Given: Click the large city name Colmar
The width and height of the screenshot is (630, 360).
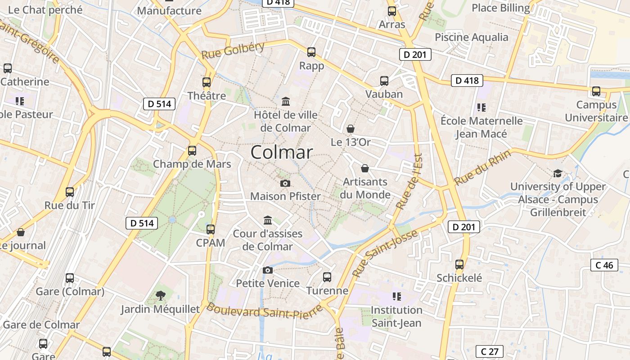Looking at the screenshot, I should pyautogui.click(x=281, y=152).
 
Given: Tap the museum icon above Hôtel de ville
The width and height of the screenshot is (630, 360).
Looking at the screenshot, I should pyautogui.click(x=286, y=101).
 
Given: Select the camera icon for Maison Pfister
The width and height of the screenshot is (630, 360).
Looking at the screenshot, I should pyautogui.click(x=285, y=183).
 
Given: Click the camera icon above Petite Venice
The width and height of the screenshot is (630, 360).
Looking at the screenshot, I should pyautogui.click(x=268, y=270).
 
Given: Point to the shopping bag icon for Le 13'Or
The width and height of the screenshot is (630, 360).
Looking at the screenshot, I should pyautogui.click(x=351, y=129).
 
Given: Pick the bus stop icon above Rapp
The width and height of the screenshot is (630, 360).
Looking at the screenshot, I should pyautogui.click(x=311, y=52).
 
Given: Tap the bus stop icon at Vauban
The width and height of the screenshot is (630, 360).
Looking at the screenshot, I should pyautogui.click(x=384, y=81).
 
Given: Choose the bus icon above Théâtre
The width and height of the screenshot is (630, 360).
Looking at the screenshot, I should pyautogui.click(x=207, y=82).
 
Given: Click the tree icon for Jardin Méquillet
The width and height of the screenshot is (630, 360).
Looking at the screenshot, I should pyautogui.click(x=160, y=296).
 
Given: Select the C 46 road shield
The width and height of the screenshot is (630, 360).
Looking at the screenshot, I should pyautogui.click(x=604, y=265).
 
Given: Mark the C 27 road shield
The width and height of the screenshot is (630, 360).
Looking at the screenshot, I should pyautogui.click(x=489, y=351).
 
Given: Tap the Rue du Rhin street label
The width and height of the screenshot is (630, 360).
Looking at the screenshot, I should pyautogui.click(x=482, y=167).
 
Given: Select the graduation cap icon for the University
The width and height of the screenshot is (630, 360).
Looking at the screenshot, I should pyautogui.click(x=558, y=173).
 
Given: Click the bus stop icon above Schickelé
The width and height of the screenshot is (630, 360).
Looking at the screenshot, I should pyautogui.click(x=459, y=265).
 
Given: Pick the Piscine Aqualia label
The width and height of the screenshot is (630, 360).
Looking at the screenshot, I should pyautogui.click(x=471, y=37).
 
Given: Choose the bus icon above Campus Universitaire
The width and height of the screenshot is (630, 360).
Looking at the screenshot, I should pyautogui.click(x=596, y=91).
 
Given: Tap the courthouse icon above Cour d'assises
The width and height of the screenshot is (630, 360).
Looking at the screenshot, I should pyautogui.click(x=268, y=220).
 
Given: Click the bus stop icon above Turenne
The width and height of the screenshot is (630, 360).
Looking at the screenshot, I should pyautogui.click(x=327, y=277).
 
